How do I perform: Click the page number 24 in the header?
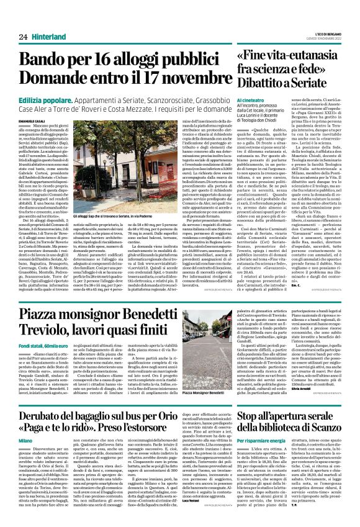coord(23,37)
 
